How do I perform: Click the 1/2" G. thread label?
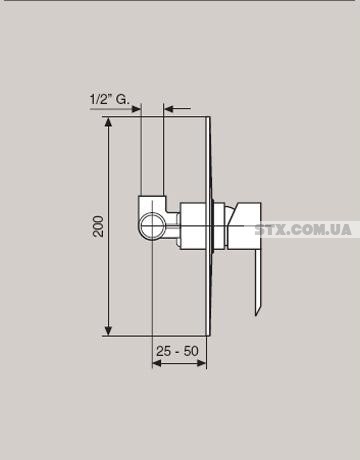point(109,99)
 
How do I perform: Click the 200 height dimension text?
point(98,226)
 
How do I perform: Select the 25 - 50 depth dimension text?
point(177,351)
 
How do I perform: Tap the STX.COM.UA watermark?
point(303,230)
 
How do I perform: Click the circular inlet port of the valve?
point(152,225)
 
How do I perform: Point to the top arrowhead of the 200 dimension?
point(108,123)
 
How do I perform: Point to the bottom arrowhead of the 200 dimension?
point(108,330)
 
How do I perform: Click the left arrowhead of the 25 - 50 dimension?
point(157,363)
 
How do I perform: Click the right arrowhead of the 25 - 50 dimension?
point(201,363)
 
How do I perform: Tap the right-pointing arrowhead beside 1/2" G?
point(137,109)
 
